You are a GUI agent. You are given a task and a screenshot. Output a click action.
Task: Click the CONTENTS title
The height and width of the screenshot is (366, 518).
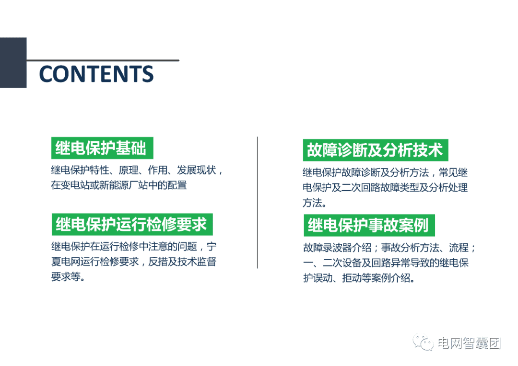coord(96,74)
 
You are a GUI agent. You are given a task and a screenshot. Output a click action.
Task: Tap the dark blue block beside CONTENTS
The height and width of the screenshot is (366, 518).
coord(13,62)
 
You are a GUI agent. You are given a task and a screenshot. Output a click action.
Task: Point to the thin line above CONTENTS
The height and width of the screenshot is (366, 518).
coord(103,60)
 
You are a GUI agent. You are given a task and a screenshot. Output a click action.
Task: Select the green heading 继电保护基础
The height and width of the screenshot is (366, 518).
coord(101,149)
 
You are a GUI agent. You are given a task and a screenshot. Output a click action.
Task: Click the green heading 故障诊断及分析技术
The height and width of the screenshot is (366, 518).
coord(375,150)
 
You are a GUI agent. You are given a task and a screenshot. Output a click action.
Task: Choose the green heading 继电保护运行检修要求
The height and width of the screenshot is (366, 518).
coord(131,224)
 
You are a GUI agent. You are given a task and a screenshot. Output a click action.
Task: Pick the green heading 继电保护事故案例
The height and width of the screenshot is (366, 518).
coord(368,225)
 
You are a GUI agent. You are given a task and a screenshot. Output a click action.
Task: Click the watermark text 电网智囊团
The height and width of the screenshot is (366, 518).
coord(469,343)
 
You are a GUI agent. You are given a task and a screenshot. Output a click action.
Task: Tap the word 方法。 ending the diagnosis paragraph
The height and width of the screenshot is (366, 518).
coord(315,203)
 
